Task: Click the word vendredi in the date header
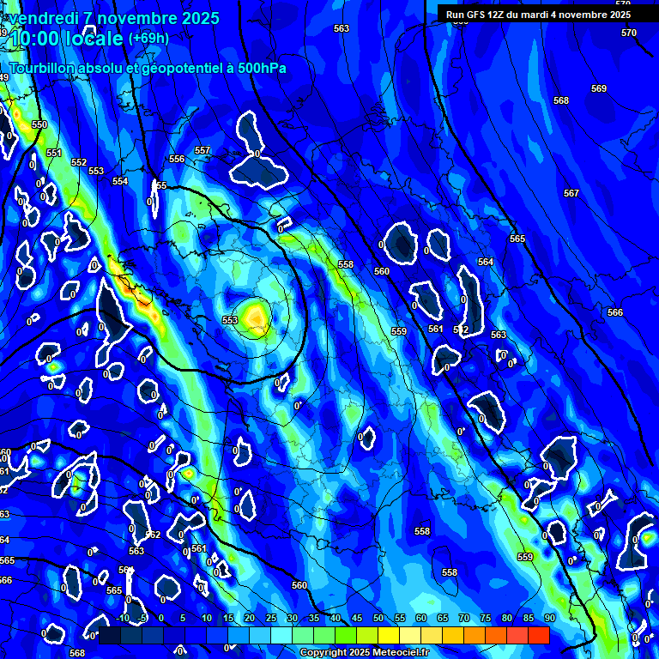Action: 43,18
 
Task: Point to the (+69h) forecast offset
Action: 148,39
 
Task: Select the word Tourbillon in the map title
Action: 44,68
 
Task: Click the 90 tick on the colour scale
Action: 549,619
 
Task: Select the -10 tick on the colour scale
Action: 122,619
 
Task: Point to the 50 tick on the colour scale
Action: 378,619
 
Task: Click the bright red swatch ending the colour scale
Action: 539,635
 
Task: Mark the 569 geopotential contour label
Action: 599,89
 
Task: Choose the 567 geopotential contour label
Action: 571,194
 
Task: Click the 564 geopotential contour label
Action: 486,262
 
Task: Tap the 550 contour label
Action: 39,125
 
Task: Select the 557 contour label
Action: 203,151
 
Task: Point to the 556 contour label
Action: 177,160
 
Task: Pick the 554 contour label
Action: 120,182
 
